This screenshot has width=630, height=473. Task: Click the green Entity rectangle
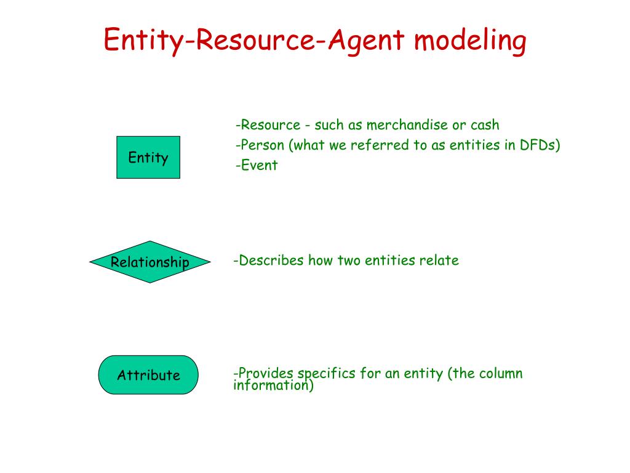pos(148,158)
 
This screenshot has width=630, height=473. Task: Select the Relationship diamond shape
pos(150,262)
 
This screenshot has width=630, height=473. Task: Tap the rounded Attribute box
pos(148,375)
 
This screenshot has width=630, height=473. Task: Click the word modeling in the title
pos(470,42)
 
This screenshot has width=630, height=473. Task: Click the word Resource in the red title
pos(258,41)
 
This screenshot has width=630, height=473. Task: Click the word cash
pos(485,125)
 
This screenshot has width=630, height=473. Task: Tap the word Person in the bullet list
pos(262,145)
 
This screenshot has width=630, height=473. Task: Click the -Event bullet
pos(257,165)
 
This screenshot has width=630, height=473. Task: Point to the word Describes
pos(271,260)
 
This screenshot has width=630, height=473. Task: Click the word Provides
pos(266,373)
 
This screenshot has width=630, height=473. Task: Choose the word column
pos(501,373)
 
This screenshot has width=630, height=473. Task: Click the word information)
pos(274,386)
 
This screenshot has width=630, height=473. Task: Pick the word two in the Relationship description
pos(349,260)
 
